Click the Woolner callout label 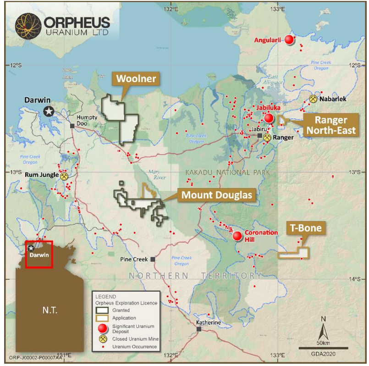click(136, 79)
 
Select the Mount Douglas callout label click(217, 195)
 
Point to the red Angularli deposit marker click(289, 40)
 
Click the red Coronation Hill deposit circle click(237, 236)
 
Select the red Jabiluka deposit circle click(269, 118)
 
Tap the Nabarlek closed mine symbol click(313, 99)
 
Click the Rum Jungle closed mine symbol click(65, 175)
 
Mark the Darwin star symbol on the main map click(49, 111)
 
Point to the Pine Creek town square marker click(153, 259)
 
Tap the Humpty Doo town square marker click(72, 125)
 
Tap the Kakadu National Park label click(228, 172)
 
